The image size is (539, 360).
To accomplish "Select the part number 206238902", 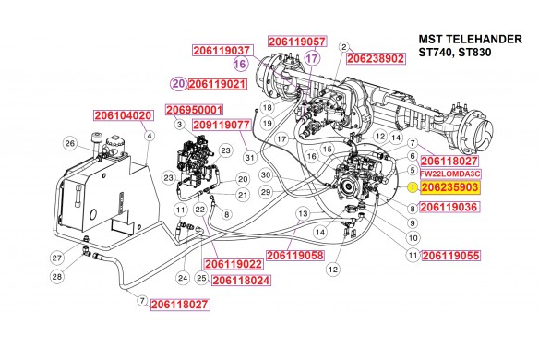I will click(376, 58).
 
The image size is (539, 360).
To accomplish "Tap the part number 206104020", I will click(123, 116).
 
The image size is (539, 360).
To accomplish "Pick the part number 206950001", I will click(195, 110).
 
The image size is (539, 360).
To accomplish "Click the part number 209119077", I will click(222, 124).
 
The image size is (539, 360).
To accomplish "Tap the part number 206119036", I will click(449, 208).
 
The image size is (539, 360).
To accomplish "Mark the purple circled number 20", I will click(177, 84).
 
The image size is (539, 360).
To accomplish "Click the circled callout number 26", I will click(69, 143).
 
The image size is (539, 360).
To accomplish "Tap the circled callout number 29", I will click(264, 192).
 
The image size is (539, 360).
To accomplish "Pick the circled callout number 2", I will click(343, 46).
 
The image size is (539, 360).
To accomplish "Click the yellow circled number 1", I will click(413, 187).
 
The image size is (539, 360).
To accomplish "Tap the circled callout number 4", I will click(148, 136).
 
